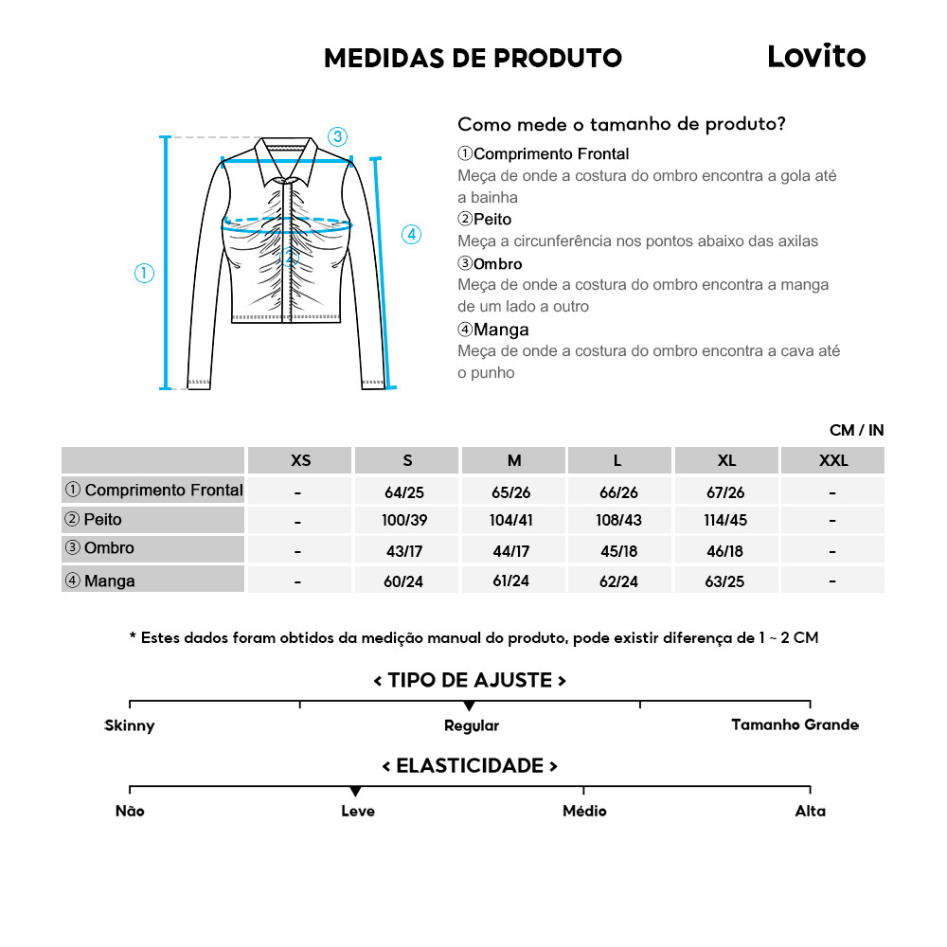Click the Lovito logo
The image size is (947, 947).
815,57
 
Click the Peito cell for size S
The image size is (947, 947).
407,521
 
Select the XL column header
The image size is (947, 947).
726,461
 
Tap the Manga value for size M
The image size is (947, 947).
514,581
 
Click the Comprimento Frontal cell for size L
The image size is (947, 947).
620,492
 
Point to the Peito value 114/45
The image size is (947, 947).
726,521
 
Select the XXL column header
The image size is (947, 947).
833,461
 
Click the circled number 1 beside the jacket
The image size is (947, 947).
144,274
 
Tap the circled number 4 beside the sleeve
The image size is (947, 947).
411,234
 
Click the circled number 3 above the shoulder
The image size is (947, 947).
338,136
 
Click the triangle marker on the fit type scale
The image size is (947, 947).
469,706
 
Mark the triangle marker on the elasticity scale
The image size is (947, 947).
355,792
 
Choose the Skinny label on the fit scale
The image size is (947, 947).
130,726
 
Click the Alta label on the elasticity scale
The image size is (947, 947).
811,812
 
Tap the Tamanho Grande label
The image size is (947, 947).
795,725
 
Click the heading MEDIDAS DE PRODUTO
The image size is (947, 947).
473,59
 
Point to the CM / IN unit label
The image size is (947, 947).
856,431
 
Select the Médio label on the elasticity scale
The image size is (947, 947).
584,812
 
